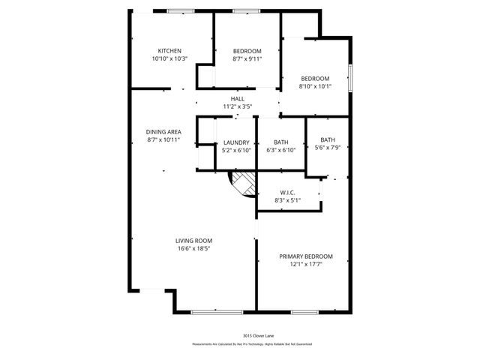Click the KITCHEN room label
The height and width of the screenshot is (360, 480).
(x=169, y=51)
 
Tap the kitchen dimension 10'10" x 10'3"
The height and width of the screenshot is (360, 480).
(x=169, y=58)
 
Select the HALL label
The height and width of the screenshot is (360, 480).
(x=237, y=99)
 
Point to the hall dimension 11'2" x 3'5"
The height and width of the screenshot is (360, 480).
(x=237, y=106)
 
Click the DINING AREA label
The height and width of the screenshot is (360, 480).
(x=163, y=132)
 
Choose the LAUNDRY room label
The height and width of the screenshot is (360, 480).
(x=236, y=142)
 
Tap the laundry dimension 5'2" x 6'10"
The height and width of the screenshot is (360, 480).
(x=236, y=150)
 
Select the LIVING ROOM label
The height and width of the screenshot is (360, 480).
(x=193, y=241)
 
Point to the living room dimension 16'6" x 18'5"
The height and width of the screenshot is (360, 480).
(x=193, y=248)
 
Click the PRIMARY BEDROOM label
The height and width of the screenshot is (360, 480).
(x=305, y=256)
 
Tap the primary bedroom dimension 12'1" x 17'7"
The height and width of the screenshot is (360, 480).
(x=305, y=264)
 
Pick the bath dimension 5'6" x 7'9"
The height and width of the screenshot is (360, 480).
(x=328, y=147)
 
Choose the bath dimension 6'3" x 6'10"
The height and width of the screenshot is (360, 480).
(x=281, y=150)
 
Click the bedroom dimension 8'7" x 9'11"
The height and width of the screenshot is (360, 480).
(x=247, y=58)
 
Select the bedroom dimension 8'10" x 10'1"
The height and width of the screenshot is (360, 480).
(x=315, y=86)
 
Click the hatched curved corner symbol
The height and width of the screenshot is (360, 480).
(x=242, y=182)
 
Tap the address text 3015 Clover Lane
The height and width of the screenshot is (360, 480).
(x=251, y=336)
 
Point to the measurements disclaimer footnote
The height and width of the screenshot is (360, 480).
(x=251, y=343)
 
